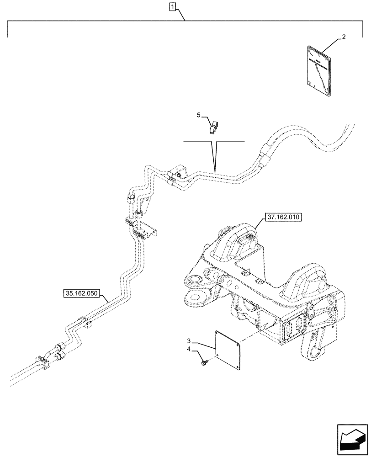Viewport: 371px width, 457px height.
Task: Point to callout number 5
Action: pyautogui.click(x=199, y=116)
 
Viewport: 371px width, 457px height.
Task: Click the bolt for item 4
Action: pyautogui.click(x=203, y=363)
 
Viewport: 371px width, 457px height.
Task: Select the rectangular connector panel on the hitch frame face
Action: pyautogui.click(x=293, y=327)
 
